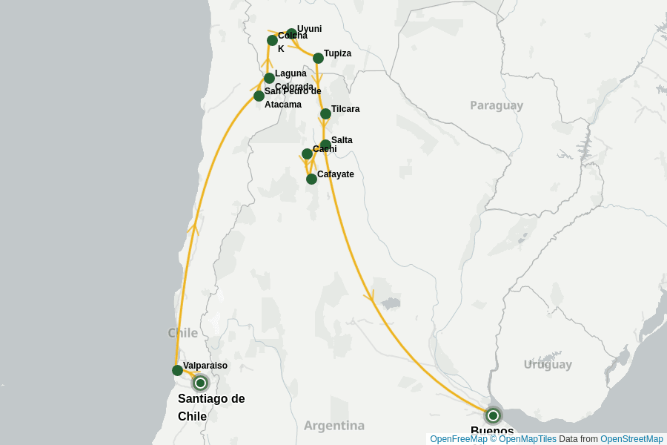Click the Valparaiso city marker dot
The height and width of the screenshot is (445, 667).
point(177,370)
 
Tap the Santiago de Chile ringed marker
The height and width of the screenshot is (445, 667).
point(200,383)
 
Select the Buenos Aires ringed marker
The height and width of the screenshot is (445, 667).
point(493,415)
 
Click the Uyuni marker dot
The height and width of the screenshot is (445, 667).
point(291,33)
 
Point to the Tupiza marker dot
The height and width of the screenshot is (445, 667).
point(318,58)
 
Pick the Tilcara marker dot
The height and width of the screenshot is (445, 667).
point(325,113)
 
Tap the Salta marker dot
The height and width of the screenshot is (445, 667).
point(325,145)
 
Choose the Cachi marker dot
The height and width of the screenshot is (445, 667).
point(307,154)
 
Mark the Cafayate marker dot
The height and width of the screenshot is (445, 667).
point(311,179)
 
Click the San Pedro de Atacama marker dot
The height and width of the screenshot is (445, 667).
point(259,96)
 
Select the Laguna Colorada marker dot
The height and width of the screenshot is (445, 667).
point(269,78)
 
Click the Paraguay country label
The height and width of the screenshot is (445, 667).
point(497,105)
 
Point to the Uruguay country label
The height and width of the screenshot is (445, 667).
point(548,364)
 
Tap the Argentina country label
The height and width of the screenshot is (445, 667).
point(334,426)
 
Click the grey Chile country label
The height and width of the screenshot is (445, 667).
point(183,332)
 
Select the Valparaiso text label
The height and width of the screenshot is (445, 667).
point(205,366)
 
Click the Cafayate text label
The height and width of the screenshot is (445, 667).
point(336,174)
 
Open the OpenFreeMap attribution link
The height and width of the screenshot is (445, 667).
point(457,439)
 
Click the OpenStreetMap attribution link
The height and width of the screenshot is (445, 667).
point(631,439)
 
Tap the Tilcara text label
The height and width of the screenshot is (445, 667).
point(345,109)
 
